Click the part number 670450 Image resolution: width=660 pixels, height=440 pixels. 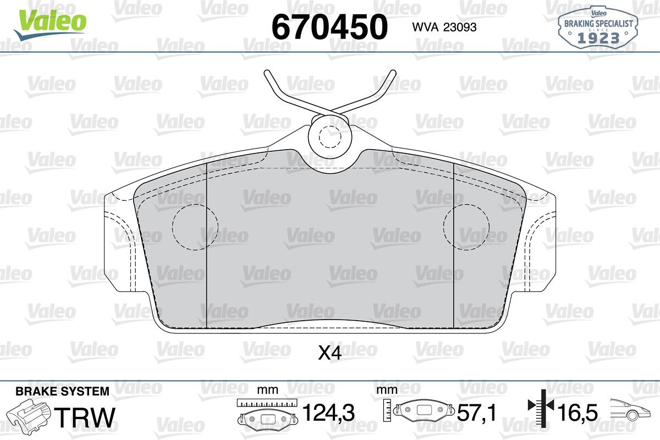[x=329, y=27]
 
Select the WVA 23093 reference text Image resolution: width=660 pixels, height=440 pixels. [x=444, y=28]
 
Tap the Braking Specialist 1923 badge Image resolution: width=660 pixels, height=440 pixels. [x=598, y=27]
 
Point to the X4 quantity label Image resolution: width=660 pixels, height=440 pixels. [x=329, y=353]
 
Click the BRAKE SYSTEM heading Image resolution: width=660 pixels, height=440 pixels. [x=62, y=392]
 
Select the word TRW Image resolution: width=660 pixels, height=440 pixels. [x=85, y=417]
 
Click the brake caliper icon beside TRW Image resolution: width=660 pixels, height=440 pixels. [x=29, y=415]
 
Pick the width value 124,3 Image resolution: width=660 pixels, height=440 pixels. [x=328, y=413]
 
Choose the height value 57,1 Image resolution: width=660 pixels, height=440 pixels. [x=477, y=413]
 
